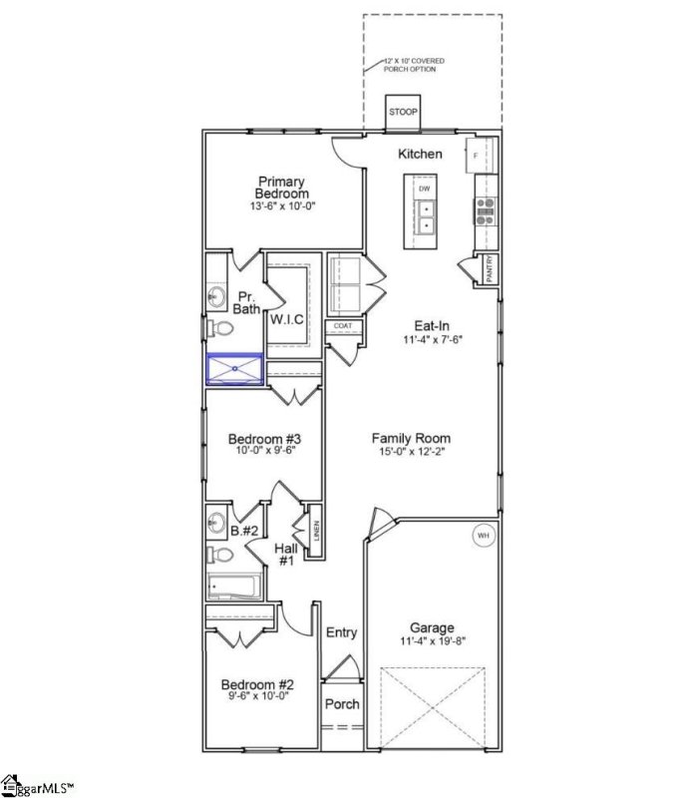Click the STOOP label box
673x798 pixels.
(404, 112)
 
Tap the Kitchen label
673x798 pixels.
(420, 154)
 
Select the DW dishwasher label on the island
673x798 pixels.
(425, 188)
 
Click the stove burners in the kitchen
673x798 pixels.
(486, 206)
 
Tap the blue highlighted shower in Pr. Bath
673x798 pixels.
(234, 369)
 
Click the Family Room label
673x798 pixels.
(411, 438)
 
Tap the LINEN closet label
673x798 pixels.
(315, 533)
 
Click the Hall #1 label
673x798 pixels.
(286, 554)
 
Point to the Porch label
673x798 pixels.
(343, 704)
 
